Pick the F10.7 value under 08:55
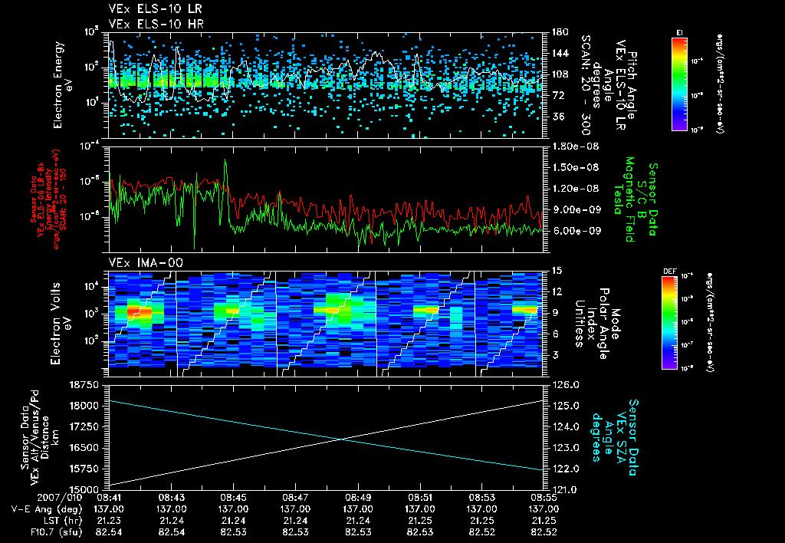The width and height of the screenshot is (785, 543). click(544, 531)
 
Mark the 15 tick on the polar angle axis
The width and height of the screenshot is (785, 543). click(556, 271)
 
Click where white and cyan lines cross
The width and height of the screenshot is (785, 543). click(341, 439)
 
